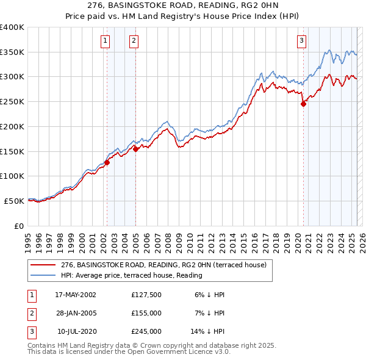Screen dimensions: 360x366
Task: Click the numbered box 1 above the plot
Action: pyautogui.click(x=106, y=41)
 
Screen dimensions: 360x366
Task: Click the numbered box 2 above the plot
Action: pyautogui.click(x=134, y=41)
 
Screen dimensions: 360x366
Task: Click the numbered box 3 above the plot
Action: pyautogui.click(x=301, y=41)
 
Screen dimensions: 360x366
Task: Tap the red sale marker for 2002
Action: pyautogui.click(x=107, y=162)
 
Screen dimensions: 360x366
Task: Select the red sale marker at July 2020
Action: pyautogui.click(x=303, y=104)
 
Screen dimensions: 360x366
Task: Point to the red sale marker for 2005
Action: pyautogui.click(x=135, y=148)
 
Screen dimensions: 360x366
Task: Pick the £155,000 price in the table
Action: pyautogui.click(x=146, y=313)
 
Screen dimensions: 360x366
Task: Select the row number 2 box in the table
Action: pyautogui.click(x=30, y=313)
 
